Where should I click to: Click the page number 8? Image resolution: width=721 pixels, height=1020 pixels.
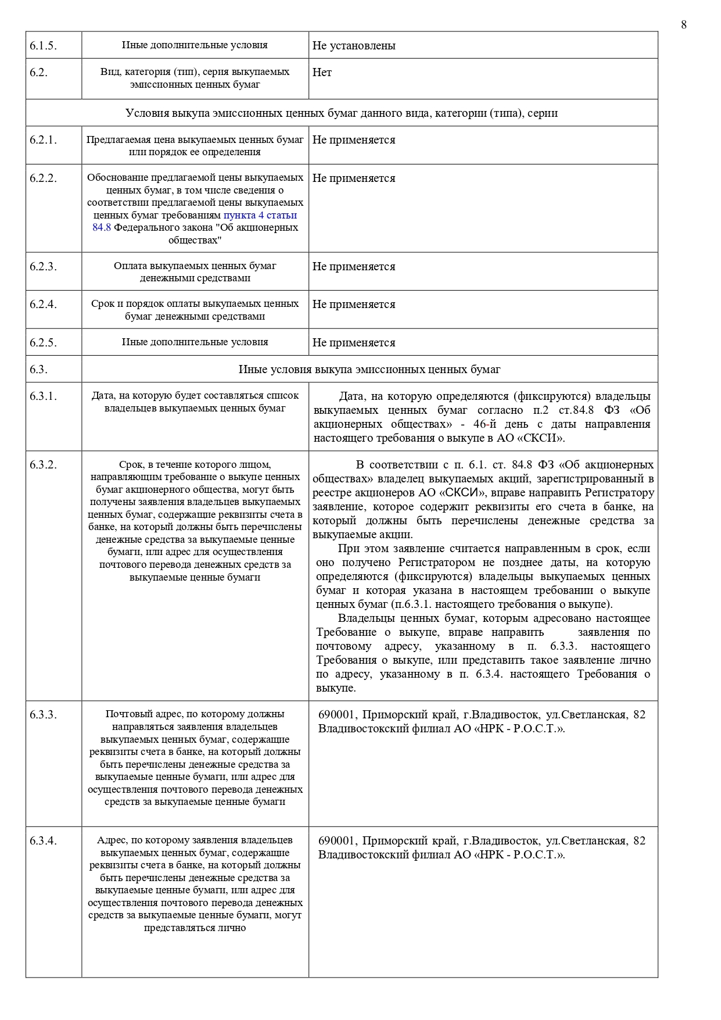pos(684,24)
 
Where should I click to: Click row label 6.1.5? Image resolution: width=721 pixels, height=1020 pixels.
pos(43,46)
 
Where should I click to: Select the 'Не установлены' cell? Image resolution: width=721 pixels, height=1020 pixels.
pos(354,46)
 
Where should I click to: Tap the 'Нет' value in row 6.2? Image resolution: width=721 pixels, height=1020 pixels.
pos(322,73)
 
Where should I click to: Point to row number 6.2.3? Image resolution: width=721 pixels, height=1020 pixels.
pos(43,267)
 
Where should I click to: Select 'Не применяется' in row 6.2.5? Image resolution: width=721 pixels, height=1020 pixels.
pos(354,343)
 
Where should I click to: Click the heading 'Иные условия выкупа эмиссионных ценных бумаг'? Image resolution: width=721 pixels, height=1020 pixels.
pos(369,370)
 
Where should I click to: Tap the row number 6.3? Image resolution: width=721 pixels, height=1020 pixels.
pos(38,370)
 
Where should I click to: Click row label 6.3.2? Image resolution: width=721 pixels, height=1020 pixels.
pos(43,465)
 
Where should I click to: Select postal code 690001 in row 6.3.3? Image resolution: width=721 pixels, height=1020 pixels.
pos(336,715)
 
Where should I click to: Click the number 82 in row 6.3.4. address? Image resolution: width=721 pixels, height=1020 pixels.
pos(639,841)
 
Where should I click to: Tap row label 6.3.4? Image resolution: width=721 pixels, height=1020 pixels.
pos(43,841)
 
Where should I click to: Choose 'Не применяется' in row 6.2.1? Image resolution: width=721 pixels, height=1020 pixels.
pos(354,140)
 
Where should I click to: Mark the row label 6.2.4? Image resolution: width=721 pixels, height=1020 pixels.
pos(43,305)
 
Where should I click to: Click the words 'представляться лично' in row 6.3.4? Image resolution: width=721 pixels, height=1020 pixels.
pos(195,928)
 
